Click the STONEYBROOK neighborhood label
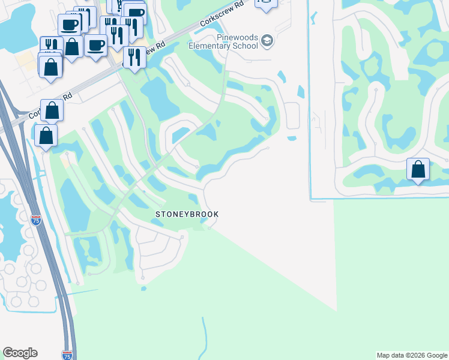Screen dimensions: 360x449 (187, 214)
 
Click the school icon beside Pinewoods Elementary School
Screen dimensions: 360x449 (267, 41)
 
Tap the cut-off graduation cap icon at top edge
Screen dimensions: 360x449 (266, 3)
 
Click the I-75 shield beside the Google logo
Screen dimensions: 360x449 (67, 355)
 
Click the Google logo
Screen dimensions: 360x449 (20, 353)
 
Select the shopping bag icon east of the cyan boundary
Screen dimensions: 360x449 (418, 170)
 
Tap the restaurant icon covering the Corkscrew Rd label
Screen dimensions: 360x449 (134, 58)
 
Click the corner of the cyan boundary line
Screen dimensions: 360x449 (310, 198)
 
